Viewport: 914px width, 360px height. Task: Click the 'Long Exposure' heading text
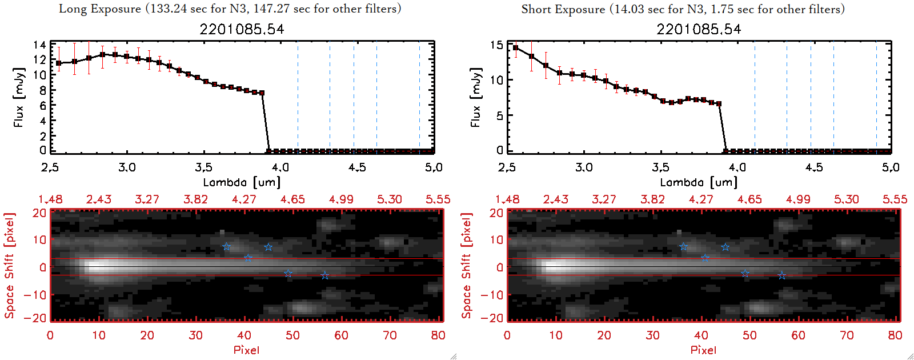click(x=100, y=9)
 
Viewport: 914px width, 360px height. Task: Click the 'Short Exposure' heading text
click(x=563, y=9)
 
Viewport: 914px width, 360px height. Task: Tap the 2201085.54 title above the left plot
click(x=242, y=29)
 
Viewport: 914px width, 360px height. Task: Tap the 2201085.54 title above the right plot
click(x=699, y=29)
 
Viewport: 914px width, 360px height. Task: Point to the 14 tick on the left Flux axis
click(x=39, y=45)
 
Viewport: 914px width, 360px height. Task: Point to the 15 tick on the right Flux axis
click(x=496, y=45)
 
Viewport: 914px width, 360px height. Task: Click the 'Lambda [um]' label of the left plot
click(x=242, y=182)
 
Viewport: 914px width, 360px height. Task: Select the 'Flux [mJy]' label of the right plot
click(x=475, y=97)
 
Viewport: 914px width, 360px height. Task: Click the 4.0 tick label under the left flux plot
click(x=280, y=167)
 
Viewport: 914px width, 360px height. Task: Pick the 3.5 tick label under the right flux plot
click(x=660, y=167)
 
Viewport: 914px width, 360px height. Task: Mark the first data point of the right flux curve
click(x=516, y=48)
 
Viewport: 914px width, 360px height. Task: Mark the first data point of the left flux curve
click(x=59, y=63)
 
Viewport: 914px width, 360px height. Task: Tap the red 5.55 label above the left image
click(x=438, y=199)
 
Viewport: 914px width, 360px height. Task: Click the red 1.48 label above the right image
click(x=507, y=199)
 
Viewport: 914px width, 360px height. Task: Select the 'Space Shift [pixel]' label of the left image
click(x=9, y=266)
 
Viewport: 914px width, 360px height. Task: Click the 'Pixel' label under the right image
click(x=703, y=350)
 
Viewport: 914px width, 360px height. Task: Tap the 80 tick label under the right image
click(x=895, y=335)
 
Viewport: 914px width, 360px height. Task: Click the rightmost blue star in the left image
click(x=324, y=275)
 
